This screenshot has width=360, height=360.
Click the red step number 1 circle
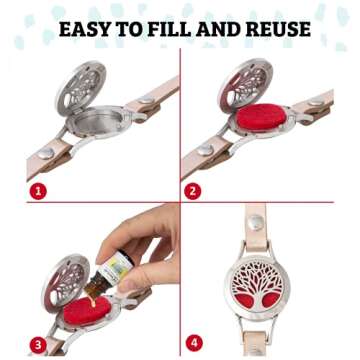click(x=39, y=192)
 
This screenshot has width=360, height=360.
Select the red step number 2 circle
click(x=193, y=192)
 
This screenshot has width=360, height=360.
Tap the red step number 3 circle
click(x=39, y=343)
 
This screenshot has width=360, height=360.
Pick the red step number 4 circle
click(x=193, y=343)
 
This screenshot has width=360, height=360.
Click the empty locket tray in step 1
click(x=97, y=122)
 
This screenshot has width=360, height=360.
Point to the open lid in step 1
click(x=81, y=87)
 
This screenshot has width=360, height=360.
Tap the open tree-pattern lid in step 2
click(x=245, y=85)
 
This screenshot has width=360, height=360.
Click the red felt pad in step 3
click(x=87, y=312)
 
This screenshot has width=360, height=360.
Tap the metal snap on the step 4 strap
click(x=256, y=222)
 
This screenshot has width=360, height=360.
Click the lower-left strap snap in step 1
click(x=45, y=153)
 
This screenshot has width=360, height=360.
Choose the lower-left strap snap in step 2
click(x=205, y=150)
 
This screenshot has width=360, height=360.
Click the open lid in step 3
click(x=65, y=282)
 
